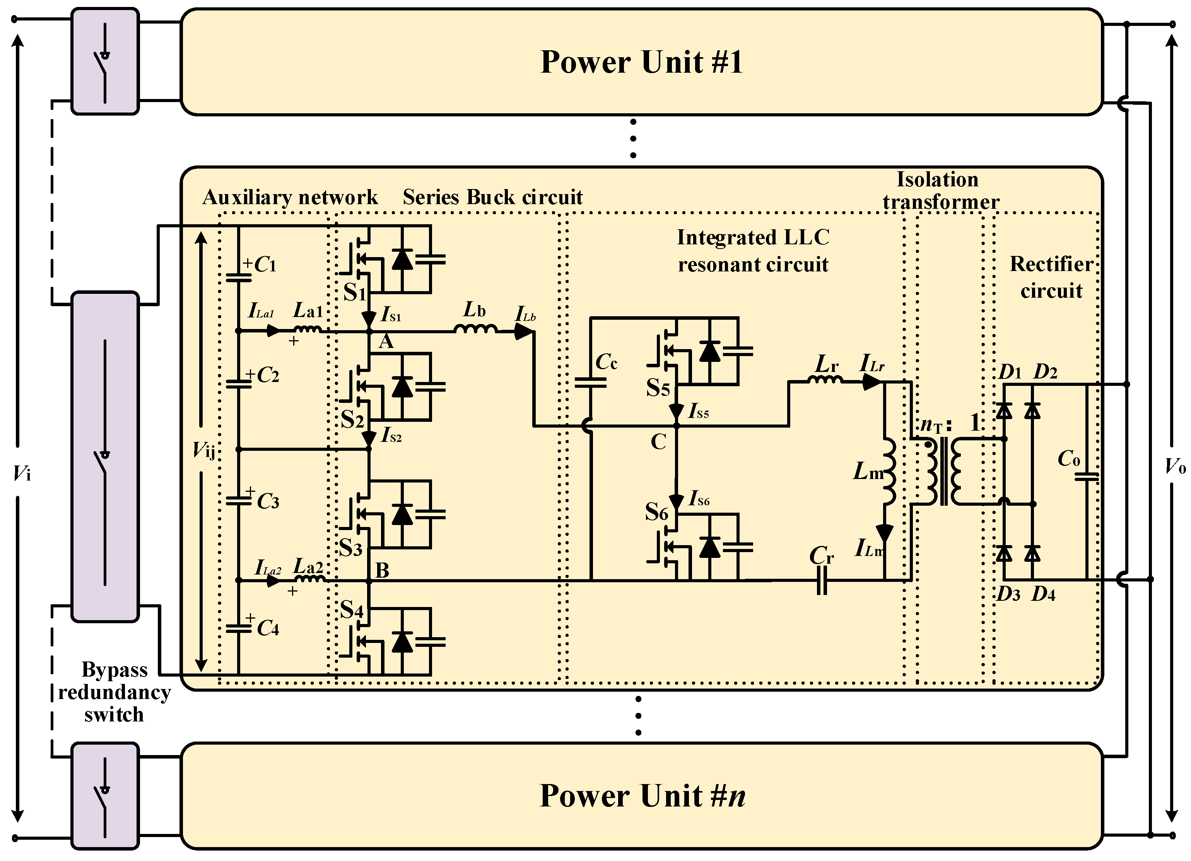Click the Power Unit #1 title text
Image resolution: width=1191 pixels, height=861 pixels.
coord(641,62)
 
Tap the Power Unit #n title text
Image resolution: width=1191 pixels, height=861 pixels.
coord(642,795)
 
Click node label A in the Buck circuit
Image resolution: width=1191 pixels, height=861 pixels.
coord(386,342)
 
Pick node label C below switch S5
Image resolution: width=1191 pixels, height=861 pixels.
coord(658,442)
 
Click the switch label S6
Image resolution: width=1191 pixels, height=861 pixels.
coord(656,512)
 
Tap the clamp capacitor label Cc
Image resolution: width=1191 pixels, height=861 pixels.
coord(606,362)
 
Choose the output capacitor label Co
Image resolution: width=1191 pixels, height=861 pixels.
coord(1069,459)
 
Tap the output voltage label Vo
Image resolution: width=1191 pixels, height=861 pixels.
coord(1175,465)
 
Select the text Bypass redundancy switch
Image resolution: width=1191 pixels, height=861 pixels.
coord(114,692)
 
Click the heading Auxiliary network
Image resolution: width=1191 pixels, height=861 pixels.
coord(290,198)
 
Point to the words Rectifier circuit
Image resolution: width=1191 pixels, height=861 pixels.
coord(1051,277)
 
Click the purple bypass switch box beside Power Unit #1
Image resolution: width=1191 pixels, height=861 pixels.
coord(105,61)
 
